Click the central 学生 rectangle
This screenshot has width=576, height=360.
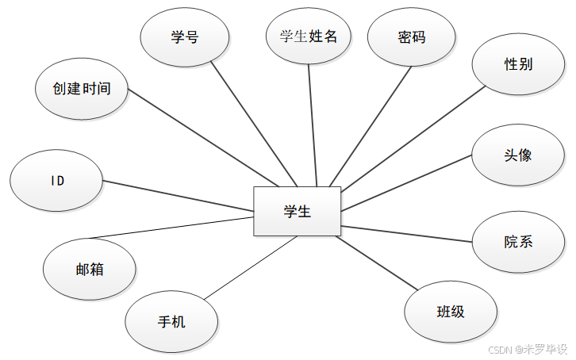(x=297, y=211)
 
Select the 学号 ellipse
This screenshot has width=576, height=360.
(x=185, y=37)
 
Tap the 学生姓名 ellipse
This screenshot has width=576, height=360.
(x=309, y=36)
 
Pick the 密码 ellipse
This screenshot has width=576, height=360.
(x=412, y=37)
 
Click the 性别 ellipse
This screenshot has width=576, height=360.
(x=518, y=64)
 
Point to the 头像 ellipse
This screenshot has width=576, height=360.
(x=517, y=155)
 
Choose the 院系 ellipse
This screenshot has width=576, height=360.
(x=517, y=242)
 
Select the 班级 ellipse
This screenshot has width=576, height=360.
(x=451, y=312)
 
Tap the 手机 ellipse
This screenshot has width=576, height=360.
(x=171, y=321)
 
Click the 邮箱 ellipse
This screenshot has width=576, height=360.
(x=90, y=269)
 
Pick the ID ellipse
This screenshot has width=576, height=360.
(x=57, y=181)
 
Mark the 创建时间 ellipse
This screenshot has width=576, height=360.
(x=83, y=89)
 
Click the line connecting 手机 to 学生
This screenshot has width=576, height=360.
(x=250, y=267)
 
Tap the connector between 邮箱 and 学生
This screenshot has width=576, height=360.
(x=171, y=227)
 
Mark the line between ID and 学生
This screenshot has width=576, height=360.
(x=179, y=195)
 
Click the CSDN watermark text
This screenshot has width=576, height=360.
(x=528, y=349)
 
